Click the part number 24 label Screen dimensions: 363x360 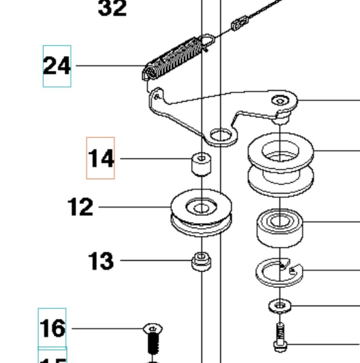click(57, 66)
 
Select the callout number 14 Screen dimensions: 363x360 click(101, 159)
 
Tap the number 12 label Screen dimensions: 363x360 click(80, 207)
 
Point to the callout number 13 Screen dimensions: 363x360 click(100, 261)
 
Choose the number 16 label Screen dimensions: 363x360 click(52, 328)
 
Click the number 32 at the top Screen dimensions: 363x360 click(112, 8)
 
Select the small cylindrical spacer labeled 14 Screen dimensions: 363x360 click(201, 164)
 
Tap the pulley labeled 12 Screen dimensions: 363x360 click(201, 213)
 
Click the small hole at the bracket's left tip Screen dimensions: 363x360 click(156, 96)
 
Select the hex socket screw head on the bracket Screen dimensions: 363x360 click(280, 100)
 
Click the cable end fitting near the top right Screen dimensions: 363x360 click(240, 22)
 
